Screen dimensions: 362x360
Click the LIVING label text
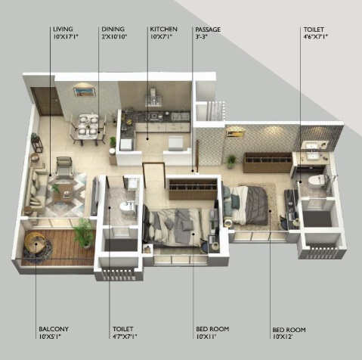click(x=63, y=29)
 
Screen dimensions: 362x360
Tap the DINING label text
click(x=113, y=29)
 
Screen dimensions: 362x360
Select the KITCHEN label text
click(x=164, y=29)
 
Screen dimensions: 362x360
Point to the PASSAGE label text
click(x=208, y=29)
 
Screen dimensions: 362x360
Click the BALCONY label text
click(x=54, y=329)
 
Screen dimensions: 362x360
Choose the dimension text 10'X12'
click(x=283, y=337)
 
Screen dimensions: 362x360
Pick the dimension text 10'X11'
click(x=206, y=336)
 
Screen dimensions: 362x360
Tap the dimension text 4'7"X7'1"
click(x=125, y=336)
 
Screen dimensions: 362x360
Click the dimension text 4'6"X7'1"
click(x=316, y=36)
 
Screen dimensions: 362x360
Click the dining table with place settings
click(x=88, y=126)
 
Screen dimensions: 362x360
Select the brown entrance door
click(x=47, y=101)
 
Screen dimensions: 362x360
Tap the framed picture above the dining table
click(x=85, y=92)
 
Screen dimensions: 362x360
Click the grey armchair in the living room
click(x=64, y=167)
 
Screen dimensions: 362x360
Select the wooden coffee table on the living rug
click(x=63, y=193)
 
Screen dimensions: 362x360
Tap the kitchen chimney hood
click(x=153, y=98)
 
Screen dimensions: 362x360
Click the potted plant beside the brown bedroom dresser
click(x=231, y=161)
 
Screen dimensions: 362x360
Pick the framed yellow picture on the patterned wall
click(x=235, y=132)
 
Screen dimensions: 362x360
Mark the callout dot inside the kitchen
click(x=147, y=138)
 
